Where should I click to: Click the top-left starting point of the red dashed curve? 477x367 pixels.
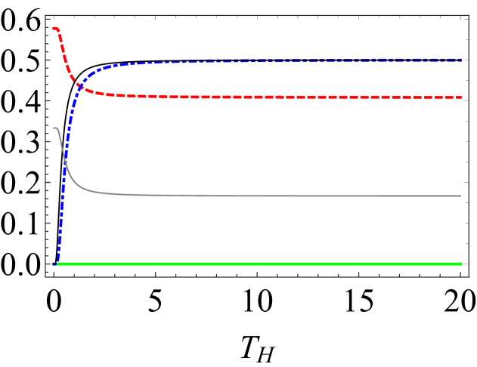coord(54,29)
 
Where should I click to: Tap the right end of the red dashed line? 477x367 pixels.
coord(461,97)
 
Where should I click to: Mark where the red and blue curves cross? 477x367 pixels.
coord(79,87)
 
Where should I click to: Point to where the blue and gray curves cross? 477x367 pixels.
coord(65,160)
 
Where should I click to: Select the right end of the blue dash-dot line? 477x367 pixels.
coord(461,60)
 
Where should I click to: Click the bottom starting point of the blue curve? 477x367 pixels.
coord(56,264)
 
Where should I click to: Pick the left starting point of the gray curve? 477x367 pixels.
coord(54,128)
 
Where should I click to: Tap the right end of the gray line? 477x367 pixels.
coord(461,196)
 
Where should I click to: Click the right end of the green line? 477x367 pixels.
coord(461,264)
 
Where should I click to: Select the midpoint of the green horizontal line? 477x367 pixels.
coord(259,264)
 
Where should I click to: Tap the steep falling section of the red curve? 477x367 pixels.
coord(67,60)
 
